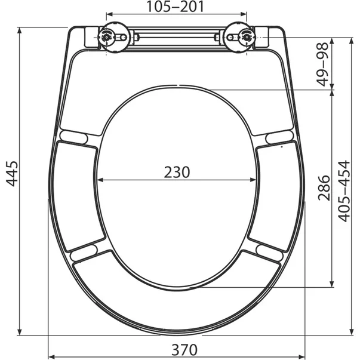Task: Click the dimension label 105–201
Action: (x=176, y=7)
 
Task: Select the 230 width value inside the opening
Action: (x=177, y=172)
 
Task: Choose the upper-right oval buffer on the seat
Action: (x=279, y=137)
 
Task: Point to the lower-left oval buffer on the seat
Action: (x=84, y=253)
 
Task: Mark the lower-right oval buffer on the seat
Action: (x=269, y=253)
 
